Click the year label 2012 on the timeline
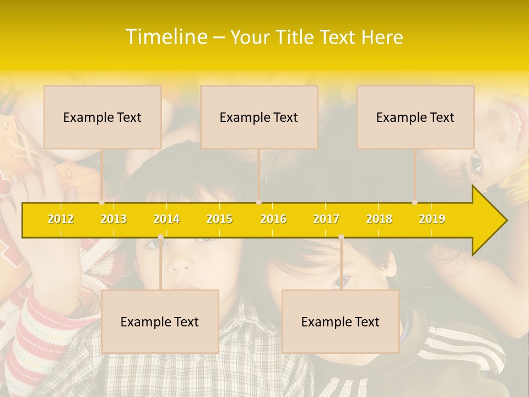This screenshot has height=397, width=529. [61, 219]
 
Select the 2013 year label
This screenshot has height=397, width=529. [114, 219]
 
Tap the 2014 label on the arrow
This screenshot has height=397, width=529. [166, 219]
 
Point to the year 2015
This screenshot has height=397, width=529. [219, 219]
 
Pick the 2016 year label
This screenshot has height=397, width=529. [273, 219]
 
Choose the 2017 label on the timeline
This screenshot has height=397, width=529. [326, 219]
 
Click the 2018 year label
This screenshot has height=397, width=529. [379, 219]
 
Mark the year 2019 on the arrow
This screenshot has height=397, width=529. [432, 219]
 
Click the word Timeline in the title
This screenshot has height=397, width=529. [165, 37]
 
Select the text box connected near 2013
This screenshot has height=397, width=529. [102, 117]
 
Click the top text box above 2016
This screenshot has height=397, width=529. [259, 117]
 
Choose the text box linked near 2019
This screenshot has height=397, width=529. [415, 117]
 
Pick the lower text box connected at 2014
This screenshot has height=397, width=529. [160, 321]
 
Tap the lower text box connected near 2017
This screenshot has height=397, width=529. [341, 321]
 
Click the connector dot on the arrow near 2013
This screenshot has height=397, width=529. [102, 202]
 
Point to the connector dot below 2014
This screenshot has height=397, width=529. [160, 237]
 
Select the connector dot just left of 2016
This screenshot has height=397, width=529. [259, 202]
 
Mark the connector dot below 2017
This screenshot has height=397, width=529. [341, 237]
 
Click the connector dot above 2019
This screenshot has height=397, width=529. [415, 202]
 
